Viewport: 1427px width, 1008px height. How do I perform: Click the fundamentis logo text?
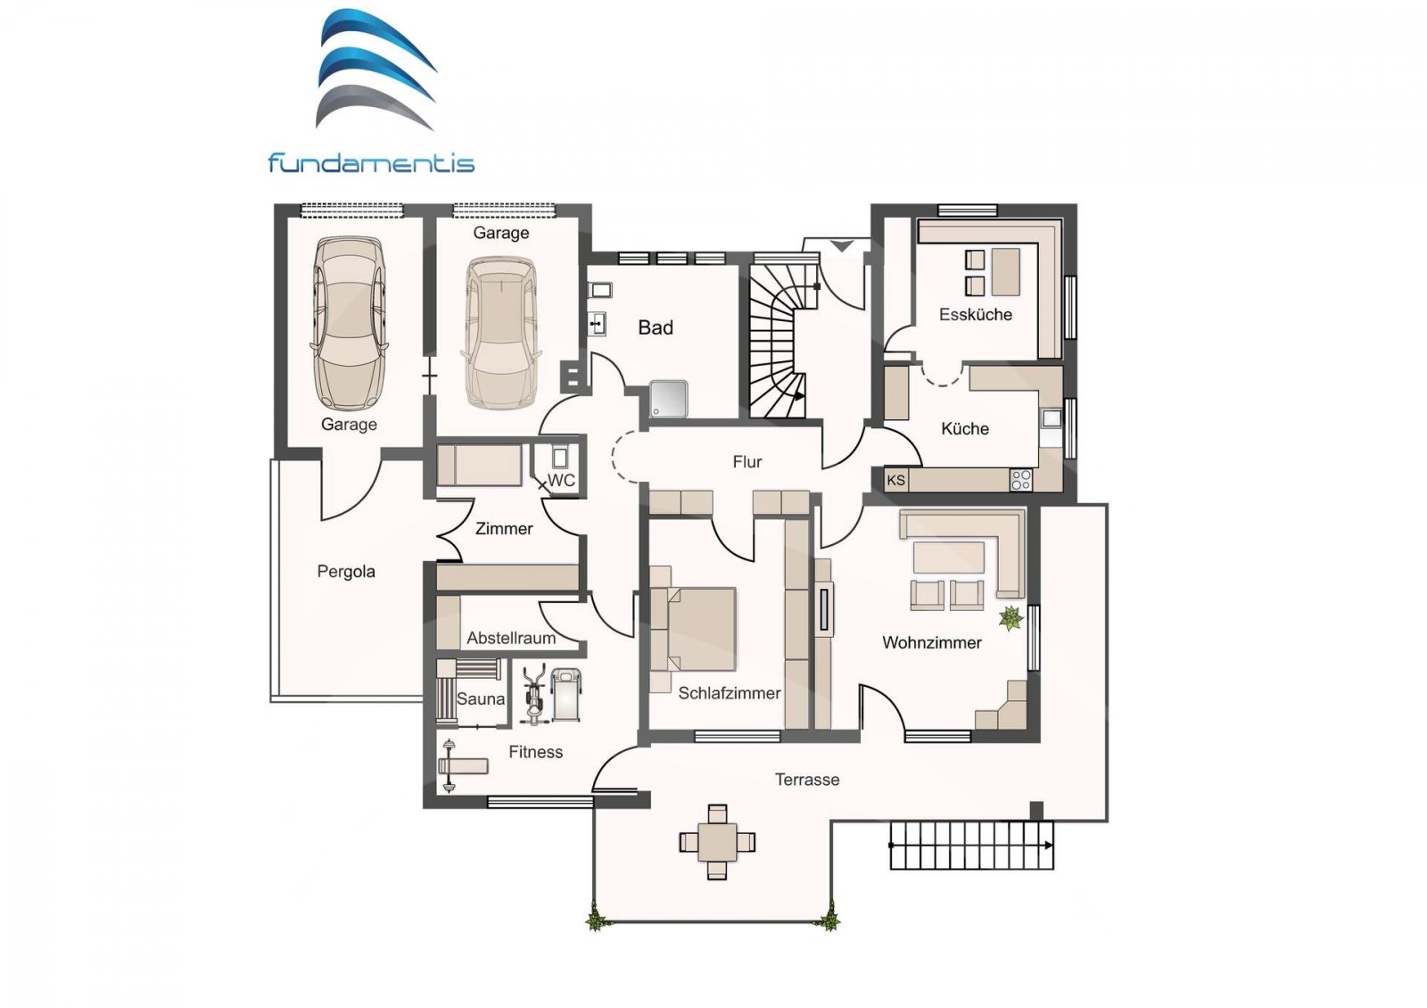click(x=371, y=163)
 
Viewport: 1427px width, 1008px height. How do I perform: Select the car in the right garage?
click(x=500, y=330)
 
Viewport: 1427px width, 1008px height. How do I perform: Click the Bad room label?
click(x=656, y=327)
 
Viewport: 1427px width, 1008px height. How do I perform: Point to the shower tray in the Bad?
click(x=669, y=398)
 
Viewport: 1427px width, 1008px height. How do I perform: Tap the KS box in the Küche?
click(x=896, y=480)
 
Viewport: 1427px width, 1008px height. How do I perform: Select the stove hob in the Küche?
click(x=1020, y=480)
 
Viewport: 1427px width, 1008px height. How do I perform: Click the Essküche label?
click(x=975, y=314)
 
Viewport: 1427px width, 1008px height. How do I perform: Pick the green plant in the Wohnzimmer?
click(x=1010, y=617)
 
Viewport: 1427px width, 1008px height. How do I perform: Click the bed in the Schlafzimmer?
click(x=696, y=629)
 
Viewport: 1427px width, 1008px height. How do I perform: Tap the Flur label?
click(x=746, y=461)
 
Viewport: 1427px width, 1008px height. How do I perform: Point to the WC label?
click(x=562, y=480)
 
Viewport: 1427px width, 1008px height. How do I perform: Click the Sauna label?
click(x=481, y=698)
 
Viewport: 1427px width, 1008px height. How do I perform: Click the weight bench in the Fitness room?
click(x=462, y=765)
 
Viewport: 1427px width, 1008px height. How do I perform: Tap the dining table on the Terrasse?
click(x=717, y=841)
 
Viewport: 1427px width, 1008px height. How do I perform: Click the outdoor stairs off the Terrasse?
click(x=970, y=844)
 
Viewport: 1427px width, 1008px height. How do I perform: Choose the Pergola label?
click(x=346, y=571)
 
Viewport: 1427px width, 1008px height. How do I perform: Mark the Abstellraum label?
click(x=511, y=638)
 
